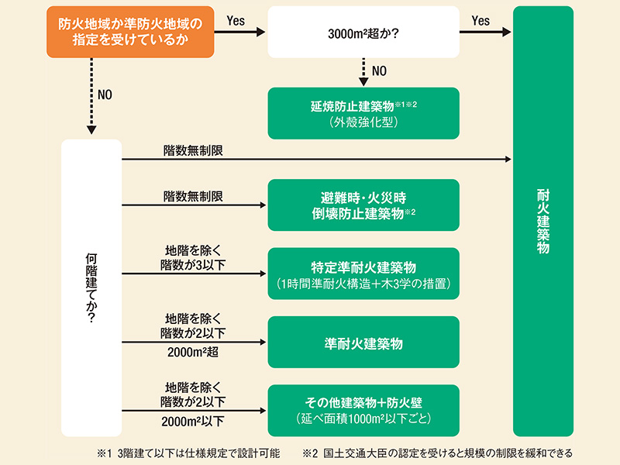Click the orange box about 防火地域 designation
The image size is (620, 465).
coord(129,32)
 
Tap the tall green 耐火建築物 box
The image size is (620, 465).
coord(542,221)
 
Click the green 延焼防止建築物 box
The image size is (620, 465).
coord(363,113)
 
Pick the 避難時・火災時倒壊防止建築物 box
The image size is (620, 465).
coord(363,205)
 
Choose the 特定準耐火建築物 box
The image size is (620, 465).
coord(363,274)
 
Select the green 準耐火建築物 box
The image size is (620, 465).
coord(363,342)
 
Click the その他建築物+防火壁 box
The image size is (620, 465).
coord(363,410)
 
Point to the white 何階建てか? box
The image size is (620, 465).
coord(91,287)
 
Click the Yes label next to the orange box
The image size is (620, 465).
coord(236,21)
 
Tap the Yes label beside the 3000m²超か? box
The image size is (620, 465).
coord(480,21)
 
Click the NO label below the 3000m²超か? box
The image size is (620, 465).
coord(379,71)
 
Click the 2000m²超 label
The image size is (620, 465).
coord(194,353)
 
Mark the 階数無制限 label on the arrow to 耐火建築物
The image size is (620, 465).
coord(193,150)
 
